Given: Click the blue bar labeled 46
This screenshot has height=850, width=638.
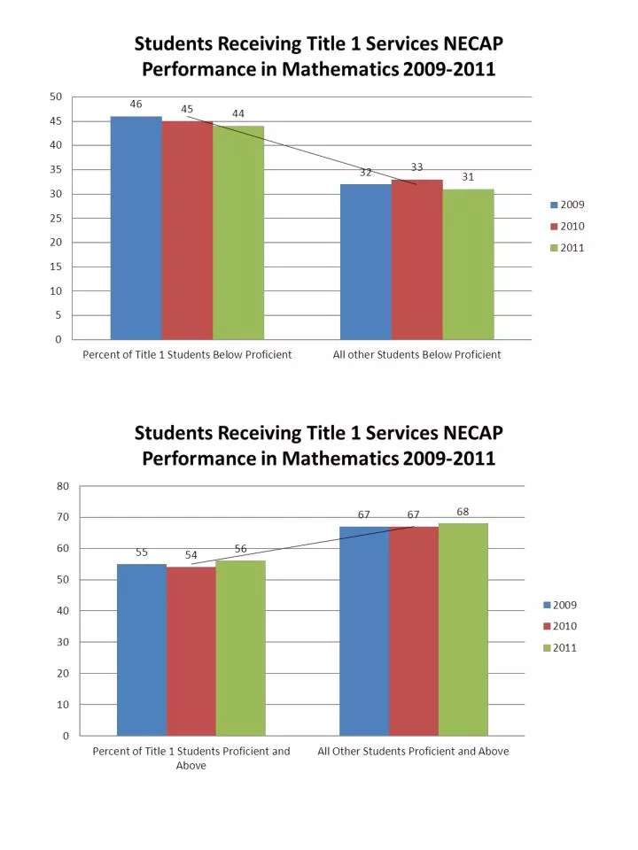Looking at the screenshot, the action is click(x=136, y=228).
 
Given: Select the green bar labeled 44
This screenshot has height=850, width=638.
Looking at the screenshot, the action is click(x=238, y=233).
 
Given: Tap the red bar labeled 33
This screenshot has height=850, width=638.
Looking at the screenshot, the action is click(x=417, y=259).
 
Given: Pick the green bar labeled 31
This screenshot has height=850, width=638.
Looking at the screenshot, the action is click(x=468, y=265).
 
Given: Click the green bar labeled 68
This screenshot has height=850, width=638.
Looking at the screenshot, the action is click(x=463, y=630).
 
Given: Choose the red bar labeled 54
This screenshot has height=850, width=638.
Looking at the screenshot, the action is click(x=191, y=651).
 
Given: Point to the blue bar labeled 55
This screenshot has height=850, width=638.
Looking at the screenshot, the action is click(x=142, y=650).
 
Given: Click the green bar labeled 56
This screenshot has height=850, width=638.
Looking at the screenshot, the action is click(x=241, y=648).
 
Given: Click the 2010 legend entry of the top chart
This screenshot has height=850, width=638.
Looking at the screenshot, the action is click(x=567, y=226).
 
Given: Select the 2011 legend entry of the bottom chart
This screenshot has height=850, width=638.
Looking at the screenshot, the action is click(x=560, y=648).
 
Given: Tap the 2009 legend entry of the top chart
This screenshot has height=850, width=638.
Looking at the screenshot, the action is click(x=567, y=205).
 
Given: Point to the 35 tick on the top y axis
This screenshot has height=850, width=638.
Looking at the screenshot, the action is click(x=56, y=170).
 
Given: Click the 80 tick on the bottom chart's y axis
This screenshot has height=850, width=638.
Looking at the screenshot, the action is click(x=63, y=486).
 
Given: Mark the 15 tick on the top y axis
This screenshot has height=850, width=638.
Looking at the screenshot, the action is click(x=56, y=267).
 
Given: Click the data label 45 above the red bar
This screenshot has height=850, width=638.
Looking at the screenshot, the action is click(x=187, y=109).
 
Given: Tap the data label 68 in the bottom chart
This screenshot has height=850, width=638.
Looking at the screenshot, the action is click(x=463, y=512).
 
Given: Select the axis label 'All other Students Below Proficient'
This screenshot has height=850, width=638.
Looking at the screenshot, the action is click(x=416, y=354).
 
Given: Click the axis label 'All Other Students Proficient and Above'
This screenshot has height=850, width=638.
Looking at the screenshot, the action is click(x=414, y=752).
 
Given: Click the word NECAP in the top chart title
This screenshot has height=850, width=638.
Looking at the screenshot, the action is click(x=471, y=43).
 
